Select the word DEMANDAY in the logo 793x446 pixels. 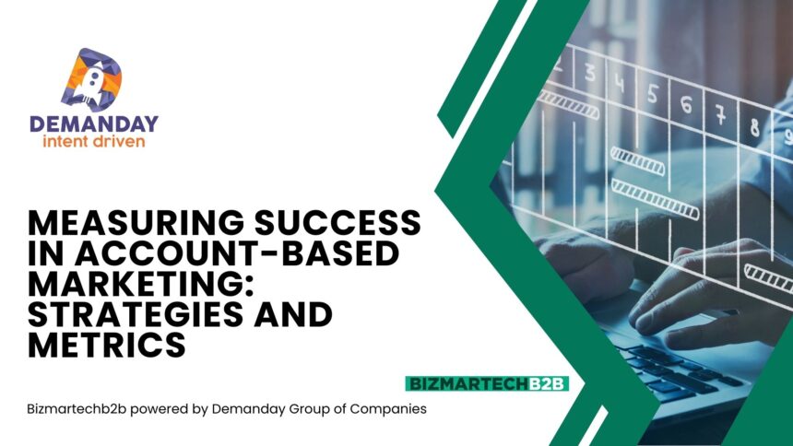pyautogui.click(x=94, y=123)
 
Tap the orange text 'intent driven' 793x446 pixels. pyautogui.click(x=94, y=141)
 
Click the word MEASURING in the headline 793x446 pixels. pyautogui.click(x=136, y=222)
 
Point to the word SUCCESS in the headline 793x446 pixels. pyautogui.click(x=337, y=222)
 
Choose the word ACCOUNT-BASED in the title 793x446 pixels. pyautogui.click(x=238, y=252)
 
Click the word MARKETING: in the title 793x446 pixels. pyautogui.click(x=140, y=284)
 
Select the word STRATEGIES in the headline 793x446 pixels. pyautogui.click(x=135, y=314)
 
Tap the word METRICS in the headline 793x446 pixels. pyautogui.click(x=107, y=346)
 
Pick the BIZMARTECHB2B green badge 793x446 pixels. pyautogui.click(x=487, y=384)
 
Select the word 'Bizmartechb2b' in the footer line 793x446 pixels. pyautogui.click(x=77, y=408)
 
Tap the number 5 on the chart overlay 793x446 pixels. pyautogui.click(x=653, y=94)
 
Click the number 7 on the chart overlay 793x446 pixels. pyautogui.click(x=720, y=114)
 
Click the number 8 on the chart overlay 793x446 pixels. pyautogui.click(x=754, y=127)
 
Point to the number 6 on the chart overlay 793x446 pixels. pyautogui.click(x=686, y=105)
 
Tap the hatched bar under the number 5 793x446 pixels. pyautogui.click(x=637, y=161)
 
